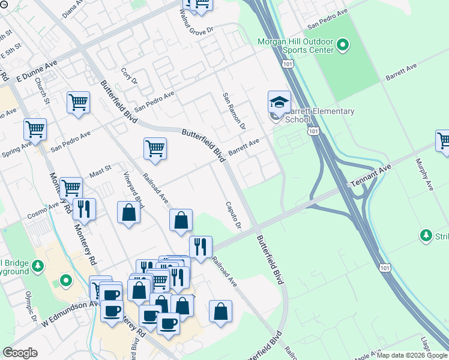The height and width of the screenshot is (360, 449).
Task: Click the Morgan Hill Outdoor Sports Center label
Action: (x=295, y=46)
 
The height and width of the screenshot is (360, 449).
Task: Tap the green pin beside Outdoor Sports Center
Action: (x=343, y=44)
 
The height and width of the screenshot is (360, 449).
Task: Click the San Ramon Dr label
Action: (x=234, y=112)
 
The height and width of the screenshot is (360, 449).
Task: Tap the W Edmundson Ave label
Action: (x=70, y=314)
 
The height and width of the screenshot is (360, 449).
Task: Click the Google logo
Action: (x=20, y=353)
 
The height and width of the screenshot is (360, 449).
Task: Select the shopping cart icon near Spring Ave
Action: (x=35, y=129)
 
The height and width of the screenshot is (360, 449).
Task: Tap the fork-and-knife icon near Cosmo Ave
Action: (x=84, y=209)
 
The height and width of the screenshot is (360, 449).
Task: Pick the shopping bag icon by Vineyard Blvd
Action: (x=129, y=212)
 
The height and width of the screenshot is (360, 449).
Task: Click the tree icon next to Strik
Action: (x=426, y=235)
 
